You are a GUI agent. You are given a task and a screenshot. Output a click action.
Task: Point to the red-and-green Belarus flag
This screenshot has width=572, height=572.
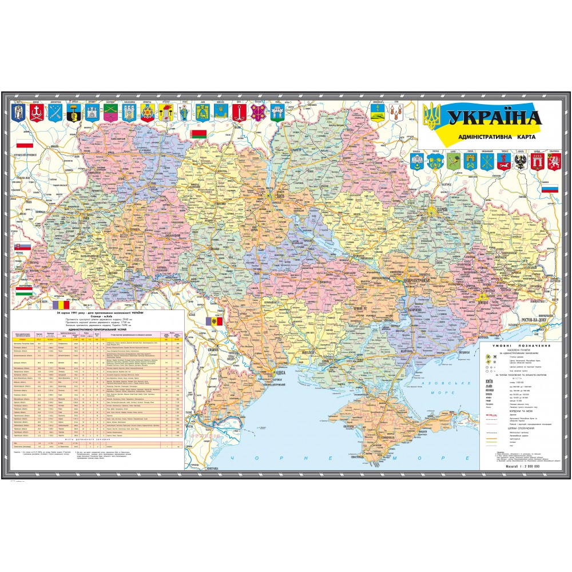[x=198, y=134]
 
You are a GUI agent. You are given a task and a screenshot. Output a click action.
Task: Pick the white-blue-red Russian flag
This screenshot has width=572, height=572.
[x=550, y=189]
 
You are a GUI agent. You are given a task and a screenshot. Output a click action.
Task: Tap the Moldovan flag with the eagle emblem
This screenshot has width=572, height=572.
[x=213, y=322]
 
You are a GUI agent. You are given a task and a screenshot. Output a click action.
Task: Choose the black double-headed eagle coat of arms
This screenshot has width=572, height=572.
[x=521, y=162]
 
